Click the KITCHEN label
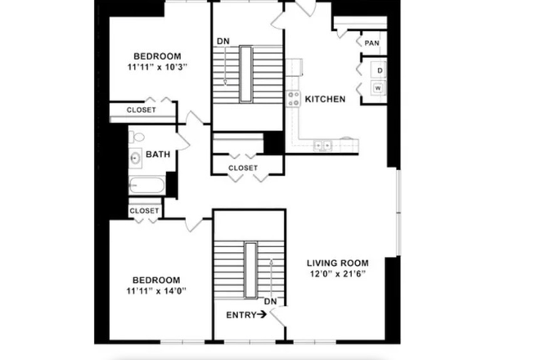[x=325, y=100]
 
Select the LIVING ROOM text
[x=335, y=263]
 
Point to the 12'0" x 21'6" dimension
[x=335, y=274]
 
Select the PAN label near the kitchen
[x=371, y=43]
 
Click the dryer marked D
[x=379, y=70]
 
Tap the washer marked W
[x=379, y=88]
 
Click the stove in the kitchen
[x=293, y=100]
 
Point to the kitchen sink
[x=323, y=146]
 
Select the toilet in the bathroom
[x=137, y=137]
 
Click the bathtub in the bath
[x=146, y=185]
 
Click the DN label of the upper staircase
[x=223, y=42]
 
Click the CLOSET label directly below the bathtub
[x=144, y=210]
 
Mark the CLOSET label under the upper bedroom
[x=141, y=110]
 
